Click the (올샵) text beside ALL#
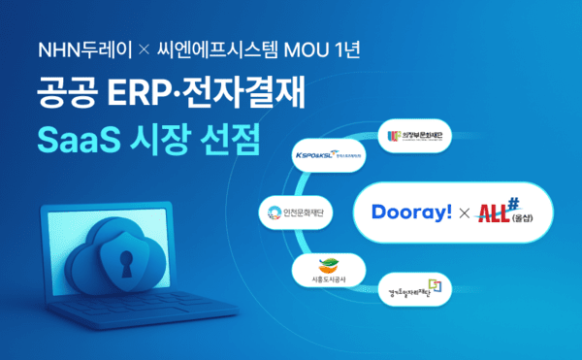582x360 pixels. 535,218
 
